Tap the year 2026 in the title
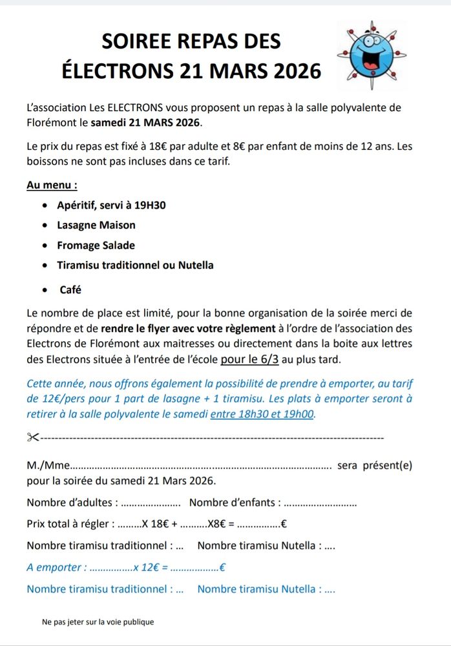(295, 70)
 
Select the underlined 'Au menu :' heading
(52, 185)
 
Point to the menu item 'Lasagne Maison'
(96, 225)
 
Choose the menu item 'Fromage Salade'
(96, 245)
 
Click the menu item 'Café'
(70, 290)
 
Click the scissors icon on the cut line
(33, 438)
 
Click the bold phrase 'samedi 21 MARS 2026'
(146, 122)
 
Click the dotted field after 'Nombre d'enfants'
(320, 503)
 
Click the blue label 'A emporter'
(56, 568)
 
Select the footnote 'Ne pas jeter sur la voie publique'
(98, 622)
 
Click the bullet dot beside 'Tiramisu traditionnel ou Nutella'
(43, 266)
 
